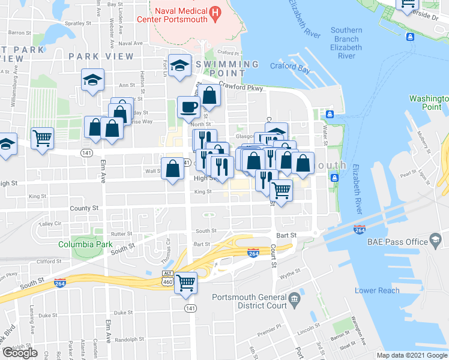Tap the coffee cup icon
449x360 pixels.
[x=188, y=107]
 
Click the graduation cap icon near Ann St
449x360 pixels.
[x=92, y=79]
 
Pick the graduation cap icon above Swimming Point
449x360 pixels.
[x=179, y=65]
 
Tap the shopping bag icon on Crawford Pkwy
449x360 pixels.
[x=209, y=95]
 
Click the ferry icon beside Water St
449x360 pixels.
[x=330, y=115]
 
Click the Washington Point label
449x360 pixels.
[x=429, y=103]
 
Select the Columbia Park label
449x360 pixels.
[x=85, y=244]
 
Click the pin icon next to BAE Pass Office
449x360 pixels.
[x=435, y=242]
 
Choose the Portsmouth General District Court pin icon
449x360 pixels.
[x=294, y=298]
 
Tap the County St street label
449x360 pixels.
[x=84, y=208]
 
